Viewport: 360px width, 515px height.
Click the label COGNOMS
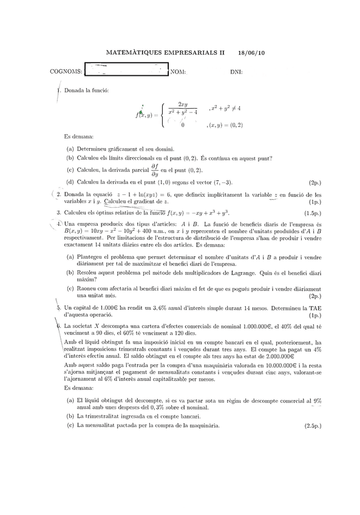pos(65,72)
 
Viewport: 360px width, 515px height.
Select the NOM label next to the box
pos(178,72)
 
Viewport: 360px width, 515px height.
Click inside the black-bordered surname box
pos(126,70)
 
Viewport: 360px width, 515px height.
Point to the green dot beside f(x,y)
pos(141,112)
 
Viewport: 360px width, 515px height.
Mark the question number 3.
pos(58,213)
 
